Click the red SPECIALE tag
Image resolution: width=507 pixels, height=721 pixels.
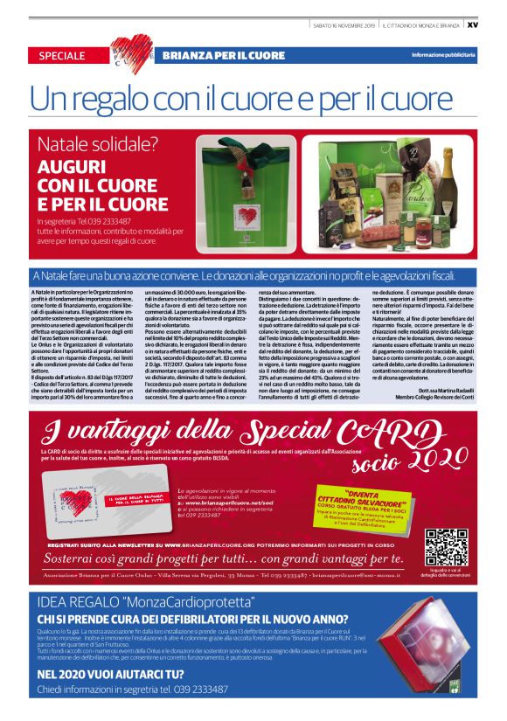[62, 55]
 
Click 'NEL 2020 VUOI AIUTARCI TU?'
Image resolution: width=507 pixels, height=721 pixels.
[110, 674]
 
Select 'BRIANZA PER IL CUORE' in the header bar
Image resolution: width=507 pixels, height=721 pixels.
[224, 55]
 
